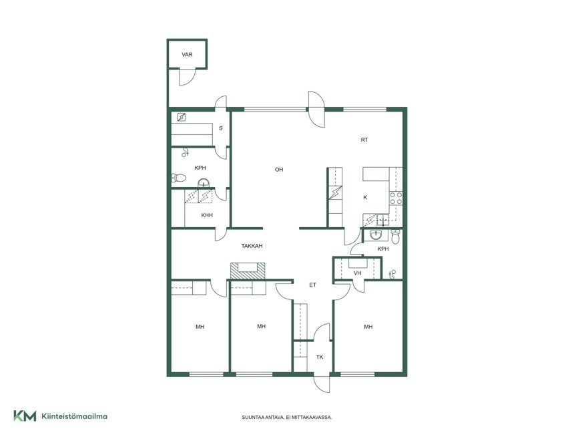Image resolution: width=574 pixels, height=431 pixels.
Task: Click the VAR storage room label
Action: [187, 55]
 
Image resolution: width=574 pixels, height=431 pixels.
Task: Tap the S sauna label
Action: [221, 128]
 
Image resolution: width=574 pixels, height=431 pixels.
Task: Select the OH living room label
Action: [279, 169]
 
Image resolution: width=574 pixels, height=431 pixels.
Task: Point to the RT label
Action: [364, 140]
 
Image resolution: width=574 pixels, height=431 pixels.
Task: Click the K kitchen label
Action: [365, 197]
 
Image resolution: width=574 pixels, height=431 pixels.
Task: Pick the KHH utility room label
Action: [207, 215]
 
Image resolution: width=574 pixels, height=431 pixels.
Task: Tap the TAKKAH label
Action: [252, 246]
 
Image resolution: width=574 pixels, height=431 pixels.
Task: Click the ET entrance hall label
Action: [312, 285]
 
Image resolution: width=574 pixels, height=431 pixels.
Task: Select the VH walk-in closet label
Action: [357, 273]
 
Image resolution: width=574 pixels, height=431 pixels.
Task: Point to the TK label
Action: [320, 357]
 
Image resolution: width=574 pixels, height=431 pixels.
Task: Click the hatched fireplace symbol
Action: [248, 271]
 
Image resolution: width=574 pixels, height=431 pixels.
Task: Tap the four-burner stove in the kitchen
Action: [396, 198]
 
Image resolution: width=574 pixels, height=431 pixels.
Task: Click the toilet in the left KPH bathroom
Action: [179, 178]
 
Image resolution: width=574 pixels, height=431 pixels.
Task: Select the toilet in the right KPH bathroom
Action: [395, 237]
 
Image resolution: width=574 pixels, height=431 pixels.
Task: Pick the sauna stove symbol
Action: [181, 117]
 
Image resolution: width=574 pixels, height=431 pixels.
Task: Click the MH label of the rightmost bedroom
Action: [368, 327]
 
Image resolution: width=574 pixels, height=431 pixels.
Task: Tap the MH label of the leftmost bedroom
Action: [200, 327]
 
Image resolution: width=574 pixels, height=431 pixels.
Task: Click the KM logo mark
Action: [25, 416]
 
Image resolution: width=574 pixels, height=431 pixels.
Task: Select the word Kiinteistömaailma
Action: [75, 416]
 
